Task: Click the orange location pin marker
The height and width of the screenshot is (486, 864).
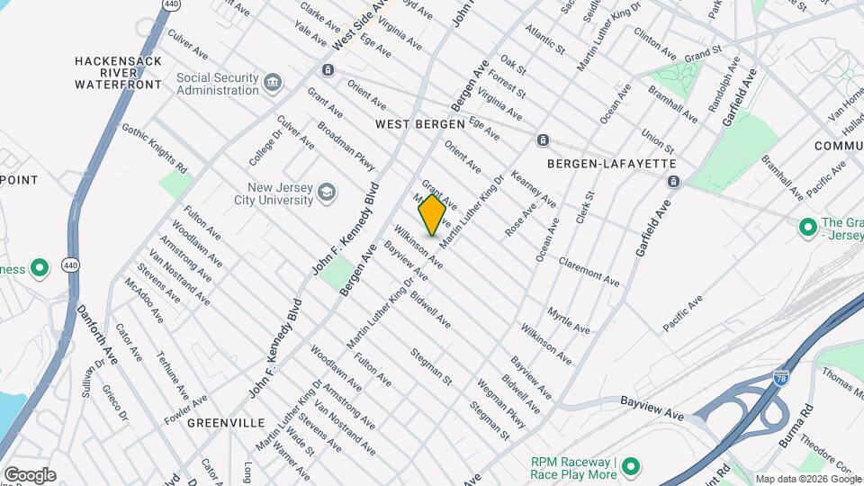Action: [432, 215]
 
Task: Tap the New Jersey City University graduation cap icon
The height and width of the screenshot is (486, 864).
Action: [326, 193]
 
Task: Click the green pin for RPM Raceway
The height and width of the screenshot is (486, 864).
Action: [631, 465]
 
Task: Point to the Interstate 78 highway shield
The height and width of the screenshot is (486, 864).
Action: [781, 381]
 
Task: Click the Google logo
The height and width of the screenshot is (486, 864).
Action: [29, 475]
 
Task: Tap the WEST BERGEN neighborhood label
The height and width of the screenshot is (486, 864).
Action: [419, 124]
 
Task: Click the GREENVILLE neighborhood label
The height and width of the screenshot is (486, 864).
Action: [226, 422]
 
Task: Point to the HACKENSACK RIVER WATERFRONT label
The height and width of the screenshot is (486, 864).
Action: [119, 72]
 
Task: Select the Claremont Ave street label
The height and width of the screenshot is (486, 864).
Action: [589, 270]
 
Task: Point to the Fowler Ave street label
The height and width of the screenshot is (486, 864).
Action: [187, 407]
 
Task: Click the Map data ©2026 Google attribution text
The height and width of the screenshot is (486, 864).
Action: [805, 479]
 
